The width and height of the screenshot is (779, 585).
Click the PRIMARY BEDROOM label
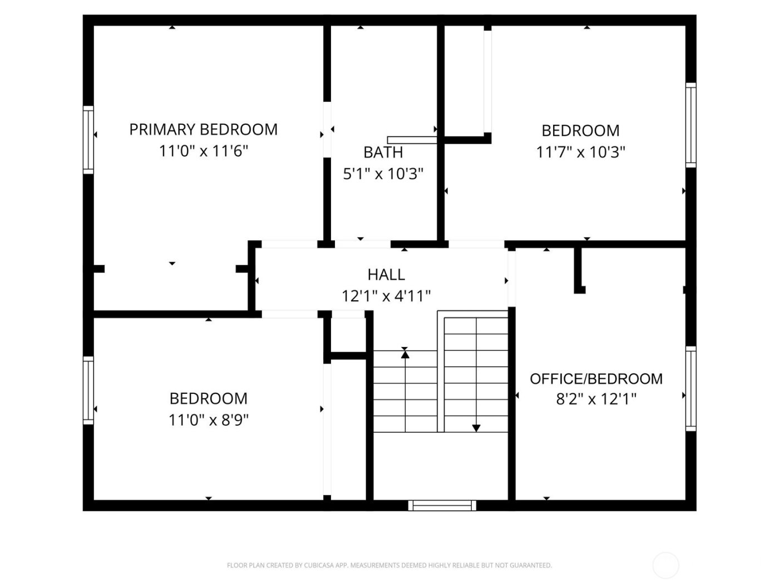click(203, 129)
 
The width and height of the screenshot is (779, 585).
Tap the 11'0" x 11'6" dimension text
click(203, 151)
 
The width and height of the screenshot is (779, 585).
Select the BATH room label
click(383, 152)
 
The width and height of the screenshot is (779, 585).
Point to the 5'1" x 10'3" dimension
click(383, 174)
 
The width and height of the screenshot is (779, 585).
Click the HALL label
click(386, 274)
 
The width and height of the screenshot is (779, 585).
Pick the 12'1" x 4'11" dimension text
click(386, 296)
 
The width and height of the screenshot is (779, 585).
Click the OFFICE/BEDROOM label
click(596, 379)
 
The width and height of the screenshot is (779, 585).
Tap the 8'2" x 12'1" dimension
click(596, 399)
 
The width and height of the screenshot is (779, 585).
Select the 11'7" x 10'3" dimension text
click(580, 152)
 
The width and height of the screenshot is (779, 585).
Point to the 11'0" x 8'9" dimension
click(208, 420)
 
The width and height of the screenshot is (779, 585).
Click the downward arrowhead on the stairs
click(476, 428)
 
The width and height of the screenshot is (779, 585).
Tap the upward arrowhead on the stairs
click(405, 353)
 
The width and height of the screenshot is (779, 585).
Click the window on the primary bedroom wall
click(88, 139)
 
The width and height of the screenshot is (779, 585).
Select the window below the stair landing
click(442, 505)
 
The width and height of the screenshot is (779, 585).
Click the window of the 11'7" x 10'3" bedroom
click(691, 125)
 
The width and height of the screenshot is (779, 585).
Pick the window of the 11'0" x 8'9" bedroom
click(88, 390)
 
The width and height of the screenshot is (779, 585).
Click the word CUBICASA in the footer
click(319, 565)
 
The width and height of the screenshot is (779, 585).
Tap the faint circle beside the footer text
click(665, 565)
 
